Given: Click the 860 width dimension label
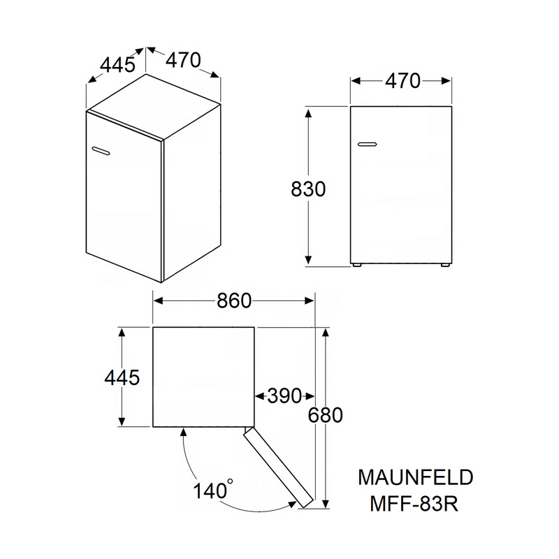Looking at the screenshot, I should pyautogui.click(x=233, y=300).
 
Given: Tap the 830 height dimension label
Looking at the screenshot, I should pyautogui.click(x=307, y=189).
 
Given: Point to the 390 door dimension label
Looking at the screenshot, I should pyautogui.click(x=284, y=396).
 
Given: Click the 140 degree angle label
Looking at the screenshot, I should pyautogui.click(x=210, y=490).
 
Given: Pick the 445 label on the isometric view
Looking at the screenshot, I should pyautogui.click(x=117, y=65).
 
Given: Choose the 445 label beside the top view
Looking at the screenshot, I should pyautogui.click(x=122, y=377).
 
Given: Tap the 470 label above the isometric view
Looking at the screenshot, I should pyautogui.click(x=182, y=60).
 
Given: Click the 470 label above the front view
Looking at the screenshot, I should pyautogui.click(x=402, y=81).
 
